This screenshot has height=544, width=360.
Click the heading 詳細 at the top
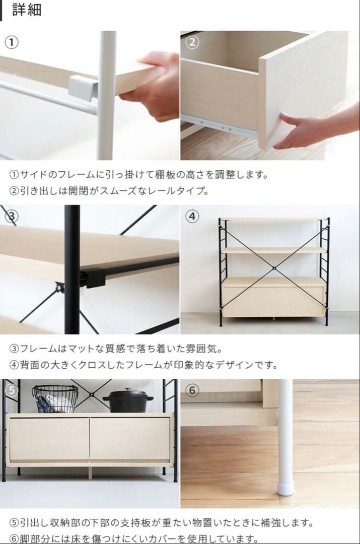pyautogui.click(x=27, y=10)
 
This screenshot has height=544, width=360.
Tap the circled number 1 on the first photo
pyautogui.click(x=12, y=43)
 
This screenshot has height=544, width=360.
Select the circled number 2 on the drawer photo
pyautogui.click(x=192, y=42)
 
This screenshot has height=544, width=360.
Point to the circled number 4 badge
pyautogui.click(x=192, y=216)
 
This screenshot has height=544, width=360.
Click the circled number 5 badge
pyautogui.click(x=12, y=390)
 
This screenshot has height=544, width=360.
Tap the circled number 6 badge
pyautogui.click(x=192, y=390)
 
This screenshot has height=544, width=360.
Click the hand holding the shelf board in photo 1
pyautogui.click(x=152, y=87)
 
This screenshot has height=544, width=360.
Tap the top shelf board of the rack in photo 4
pyautogui.click(x=273, y=219)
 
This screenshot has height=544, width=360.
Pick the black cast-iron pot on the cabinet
pyautogui.click(x=128, y=401)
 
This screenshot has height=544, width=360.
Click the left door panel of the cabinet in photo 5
pyautogui.click(x=49, y=439)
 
